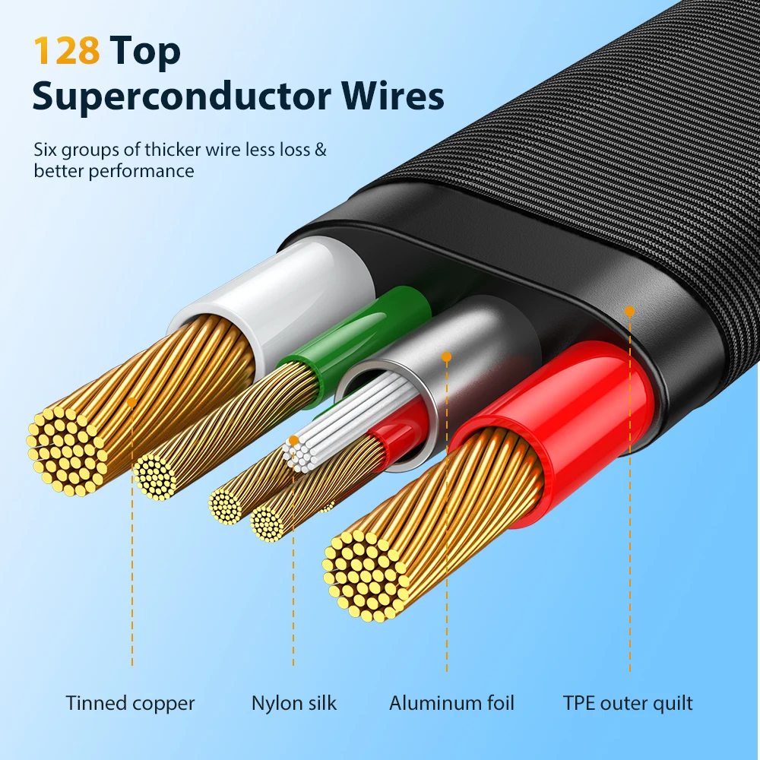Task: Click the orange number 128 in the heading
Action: click(66, 50)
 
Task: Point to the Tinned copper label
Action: click(130, 703)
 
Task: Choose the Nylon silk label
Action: click(293, 703)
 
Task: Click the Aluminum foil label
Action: click(451, 703)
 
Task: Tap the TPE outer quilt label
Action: click(628, 703)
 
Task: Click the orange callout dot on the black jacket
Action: click(629, 312)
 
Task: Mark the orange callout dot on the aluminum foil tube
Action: click(446, 357)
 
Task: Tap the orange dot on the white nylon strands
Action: click(293, 441)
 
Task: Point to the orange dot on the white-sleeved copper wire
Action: click(131, 402)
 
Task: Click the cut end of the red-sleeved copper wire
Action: click(366, 575)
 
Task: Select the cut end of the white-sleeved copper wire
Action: click(67, 451)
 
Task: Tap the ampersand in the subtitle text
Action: click(321, 149)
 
